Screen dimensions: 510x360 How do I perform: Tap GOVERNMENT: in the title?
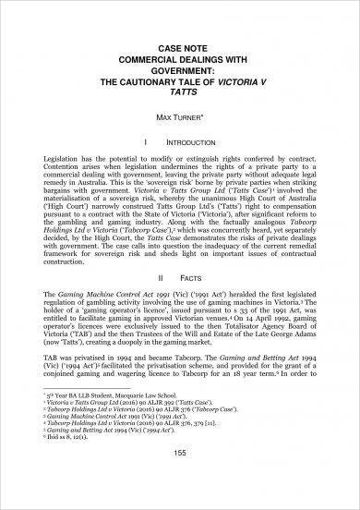180,54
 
